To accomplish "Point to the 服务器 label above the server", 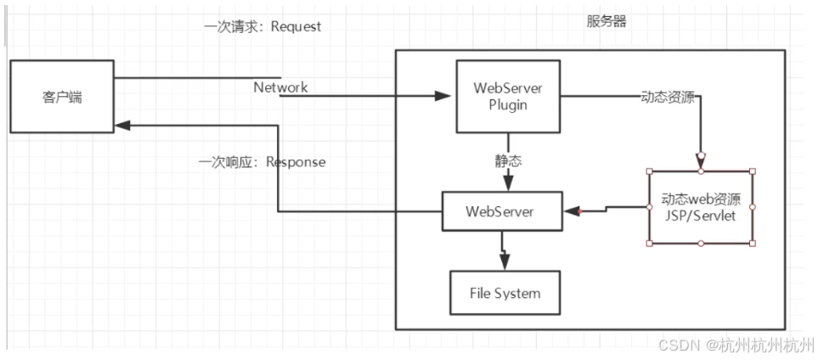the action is (606, 22).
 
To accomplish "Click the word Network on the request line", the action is (280, 87).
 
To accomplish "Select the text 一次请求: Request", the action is (262, 26).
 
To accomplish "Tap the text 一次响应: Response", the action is (262, 161).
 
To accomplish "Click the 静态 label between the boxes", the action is (508, 161).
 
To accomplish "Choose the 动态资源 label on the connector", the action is (668, 98).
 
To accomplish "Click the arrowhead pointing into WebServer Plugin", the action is (443, 96).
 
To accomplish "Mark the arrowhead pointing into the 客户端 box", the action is (123, 125).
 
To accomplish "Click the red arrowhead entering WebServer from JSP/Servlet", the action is (572, 211).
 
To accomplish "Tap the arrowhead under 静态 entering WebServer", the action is (508, 183).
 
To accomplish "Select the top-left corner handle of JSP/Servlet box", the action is (649, 171).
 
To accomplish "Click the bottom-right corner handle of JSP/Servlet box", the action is (753, 244).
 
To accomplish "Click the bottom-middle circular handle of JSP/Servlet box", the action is (701, 244).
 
